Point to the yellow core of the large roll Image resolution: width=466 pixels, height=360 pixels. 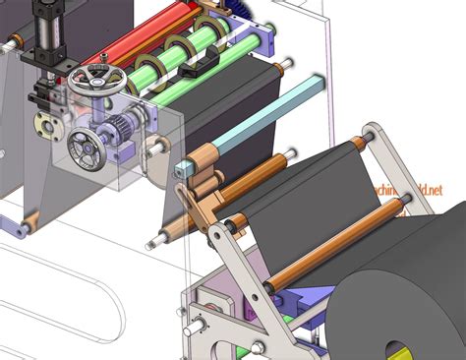point(399,350)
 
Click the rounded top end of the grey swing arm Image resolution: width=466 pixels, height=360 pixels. point(375,133)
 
